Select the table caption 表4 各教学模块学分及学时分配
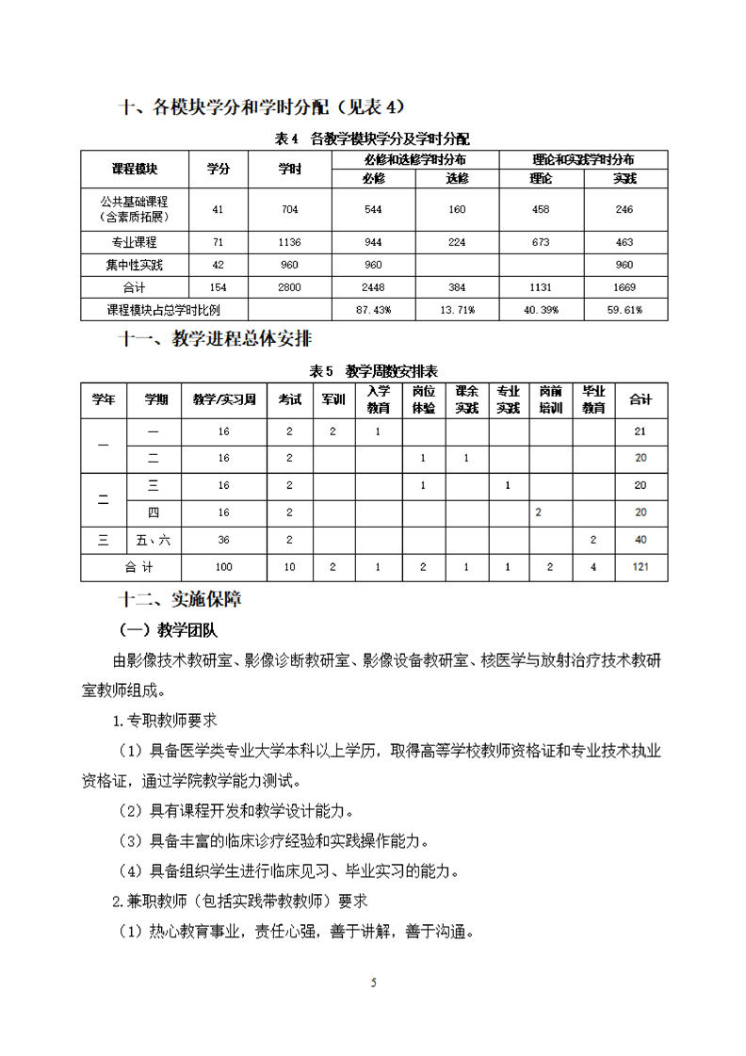pos(372,138)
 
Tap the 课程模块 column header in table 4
pos(135,169)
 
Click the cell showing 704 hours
pos(289,209)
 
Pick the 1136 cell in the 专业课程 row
pos(289,242)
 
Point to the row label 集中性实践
pos(135,265)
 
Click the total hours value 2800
pos(289,287)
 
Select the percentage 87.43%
pos(373,309)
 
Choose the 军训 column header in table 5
pos(332,399)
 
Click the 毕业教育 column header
pos(592,399)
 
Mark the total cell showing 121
pos(641,567)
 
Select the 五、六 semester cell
pos(157,540)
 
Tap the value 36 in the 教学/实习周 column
pos(223,540)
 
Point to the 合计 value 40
pos(641,540)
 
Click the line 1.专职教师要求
pos(164,720)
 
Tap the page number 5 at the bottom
pos(374,983)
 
